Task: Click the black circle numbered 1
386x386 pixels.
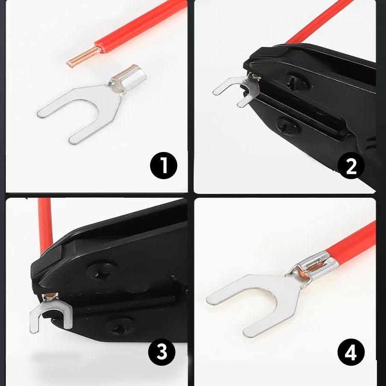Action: click(164, 165)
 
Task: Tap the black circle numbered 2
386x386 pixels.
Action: click(351, 165)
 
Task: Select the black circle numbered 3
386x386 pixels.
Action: click(162, 352)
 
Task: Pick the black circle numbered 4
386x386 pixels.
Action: click(351, 352)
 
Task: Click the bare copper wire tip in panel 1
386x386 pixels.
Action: click(83, 57)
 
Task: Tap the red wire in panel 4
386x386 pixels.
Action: click(352, 243)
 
